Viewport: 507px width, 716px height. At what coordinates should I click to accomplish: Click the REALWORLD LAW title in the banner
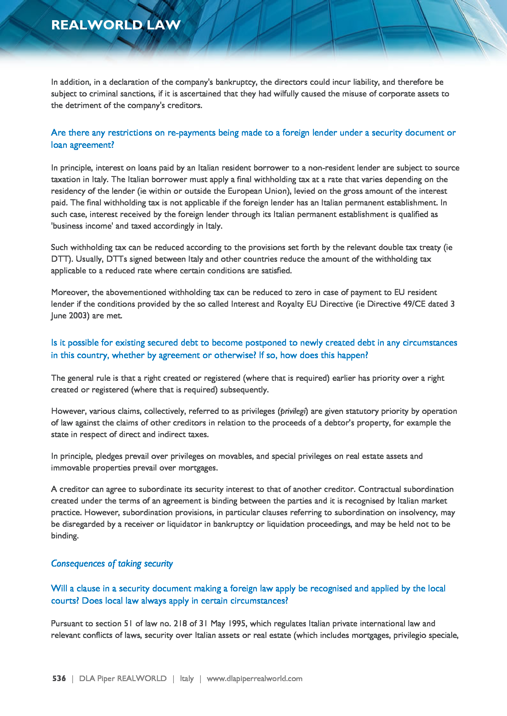pyautogui.click(x=116, y=25)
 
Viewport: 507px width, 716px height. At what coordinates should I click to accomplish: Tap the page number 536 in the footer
pyautogui.click(x=59, y=678)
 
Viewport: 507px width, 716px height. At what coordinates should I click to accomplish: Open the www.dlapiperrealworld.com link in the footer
pyautogui.click(x=254, y=678)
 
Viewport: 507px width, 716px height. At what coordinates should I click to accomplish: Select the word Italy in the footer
pyautogui.click(x=187, y=678)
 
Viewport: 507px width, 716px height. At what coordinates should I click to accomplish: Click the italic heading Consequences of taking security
pyautogui.click(x=112, y=564)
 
